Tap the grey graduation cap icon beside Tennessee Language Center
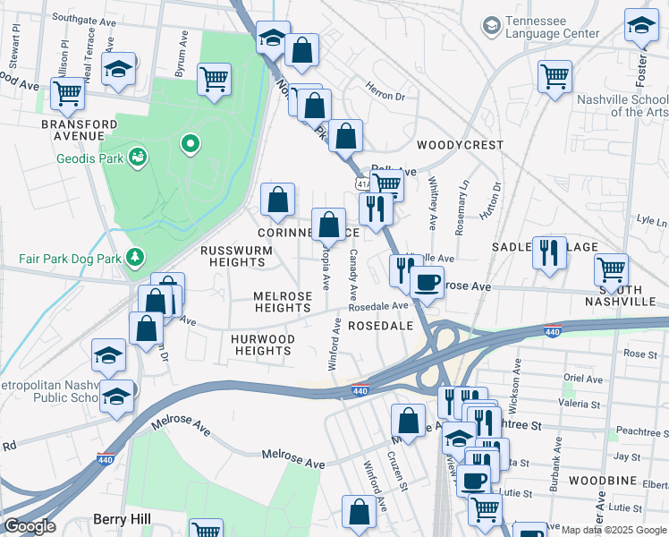(491, 26)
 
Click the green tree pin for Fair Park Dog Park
(135, 258)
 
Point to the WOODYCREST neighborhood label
(460, 145)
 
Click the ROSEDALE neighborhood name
(380, 326)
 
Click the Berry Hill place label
(122, 519)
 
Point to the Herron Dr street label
(386, 89)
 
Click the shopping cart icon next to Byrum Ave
(215, 79)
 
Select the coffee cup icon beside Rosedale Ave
(427, 283)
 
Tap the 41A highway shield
(361, 183)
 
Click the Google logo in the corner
(29, 526)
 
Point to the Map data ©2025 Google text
(608, 530)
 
